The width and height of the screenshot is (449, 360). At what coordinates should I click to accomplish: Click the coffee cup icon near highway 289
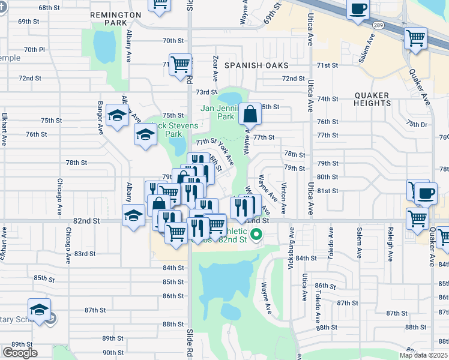[358, 10]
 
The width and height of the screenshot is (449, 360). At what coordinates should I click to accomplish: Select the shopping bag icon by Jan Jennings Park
[249, 114]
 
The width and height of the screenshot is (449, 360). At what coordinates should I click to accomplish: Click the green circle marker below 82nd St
[256, 235]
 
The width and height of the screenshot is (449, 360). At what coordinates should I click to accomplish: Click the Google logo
[20, 352]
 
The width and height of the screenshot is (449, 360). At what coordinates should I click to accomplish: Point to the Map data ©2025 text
[424, 355]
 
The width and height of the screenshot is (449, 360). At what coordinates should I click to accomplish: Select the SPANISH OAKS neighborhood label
[256, 65]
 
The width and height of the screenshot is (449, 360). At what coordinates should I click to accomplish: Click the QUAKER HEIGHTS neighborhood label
[372, 99]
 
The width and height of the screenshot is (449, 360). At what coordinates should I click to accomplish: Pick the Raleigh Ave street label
[390, 244]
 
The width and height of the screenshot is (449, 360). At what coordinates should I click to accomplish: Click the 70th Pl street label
[34, 49]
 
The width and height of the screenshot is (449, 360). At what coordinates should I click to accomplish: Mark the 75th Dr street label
[415, 124]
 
